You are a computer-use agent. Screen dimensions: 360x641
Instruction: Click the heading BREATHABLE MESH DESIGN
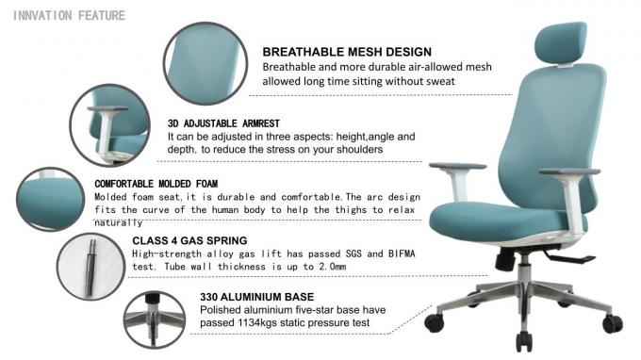[x=346, y=52]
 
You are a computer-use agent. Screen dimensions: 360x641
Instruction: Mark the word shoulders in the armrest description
[x=354, y=150]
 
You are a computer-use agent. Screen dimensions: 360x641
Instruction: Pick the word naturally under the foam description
[x=118, y=223]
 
